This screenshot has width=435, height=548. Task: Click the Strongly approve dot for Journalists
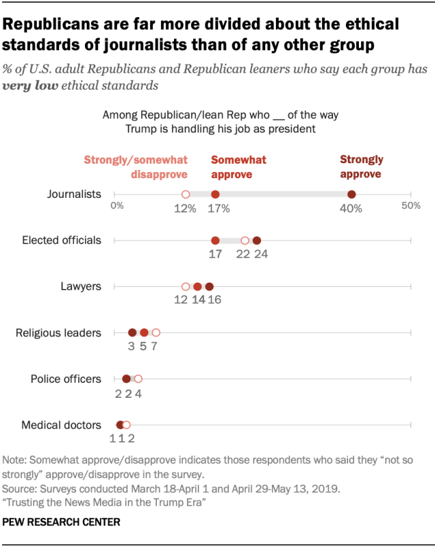351,194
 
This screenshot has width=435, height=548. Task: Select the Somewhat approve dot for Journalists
215,194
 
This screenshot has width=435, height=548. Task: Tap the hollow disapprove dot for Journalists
185,194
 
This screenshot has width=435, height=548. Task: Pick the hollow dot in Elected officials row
245,240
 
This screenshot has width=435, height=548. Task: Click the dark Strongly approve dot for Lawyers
209,286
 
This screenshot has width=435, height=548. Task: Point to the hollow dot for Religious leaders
156,332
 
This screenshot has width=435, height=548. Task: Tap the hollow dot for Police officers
138,379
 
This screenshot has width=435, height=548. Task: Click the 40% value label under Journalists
351,209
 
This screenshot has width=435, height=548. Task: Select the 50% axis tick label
410,205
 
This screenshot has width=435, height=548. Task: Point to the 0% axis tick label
117,205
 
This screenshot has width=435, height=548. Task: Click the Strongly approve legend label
361,167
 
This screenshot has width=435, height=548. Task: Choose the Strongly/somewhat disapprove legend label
135,167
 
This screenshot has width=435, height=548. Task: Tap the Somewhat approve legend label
238,167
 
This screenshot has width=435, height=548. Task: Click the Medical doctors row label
61,425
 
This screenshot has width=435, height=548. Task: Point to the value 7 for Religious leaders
156,347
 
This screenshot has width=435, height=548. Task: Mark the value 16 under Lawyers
213,301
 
